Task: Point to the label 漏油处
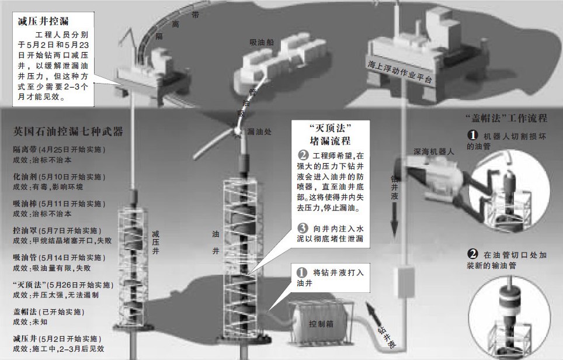click(x=258, y=132)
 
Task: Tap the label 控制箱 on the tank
click(x=322, y=323)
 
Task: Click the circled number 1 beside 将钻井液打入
click(x=302, y=273)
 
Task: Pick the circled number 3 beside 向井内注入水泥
click(x=302, y=229)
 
